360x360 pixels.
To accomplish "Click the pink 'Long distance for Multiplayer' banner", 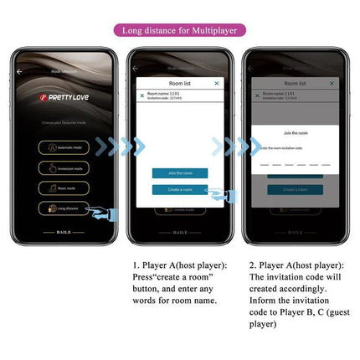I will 179,31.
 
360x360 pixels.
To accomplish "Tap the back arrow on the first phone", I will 19,71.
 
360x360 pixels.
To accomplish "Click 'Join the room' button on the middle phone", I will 179,172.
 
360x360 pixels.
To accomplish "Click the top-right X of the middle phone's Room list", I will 217,84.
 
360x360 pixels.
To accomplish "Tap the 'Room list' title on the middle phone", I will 179,84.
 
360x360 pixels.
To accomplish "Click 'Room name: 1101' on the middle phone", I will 163,93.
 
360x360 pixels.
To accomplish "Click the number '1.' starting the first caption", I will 136,265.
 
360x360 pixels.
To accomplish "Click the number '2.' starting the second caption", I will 253,265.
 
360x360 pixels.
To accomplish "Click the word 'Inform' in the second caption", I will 265,300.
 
